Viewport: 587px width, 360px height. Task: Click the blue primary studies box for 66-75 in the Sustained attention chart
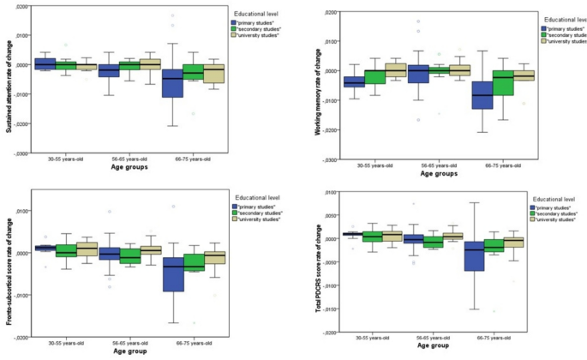(x=173, y=83)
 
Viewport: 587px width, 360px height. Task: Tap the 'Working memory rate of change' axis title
(x=318, y=84)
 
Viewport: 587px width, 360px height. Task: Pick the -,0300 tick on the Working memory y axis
(x=330, y=160)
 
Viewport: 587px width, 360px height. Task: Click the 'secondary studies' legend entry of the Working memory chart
(x=566, y=33)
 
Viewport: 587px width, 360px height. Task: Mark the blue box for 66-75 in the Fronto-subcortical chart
(x=173, y=274)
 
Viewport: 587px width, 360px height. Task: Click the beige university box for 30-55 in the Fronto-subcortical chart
(x=87, y=249)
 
